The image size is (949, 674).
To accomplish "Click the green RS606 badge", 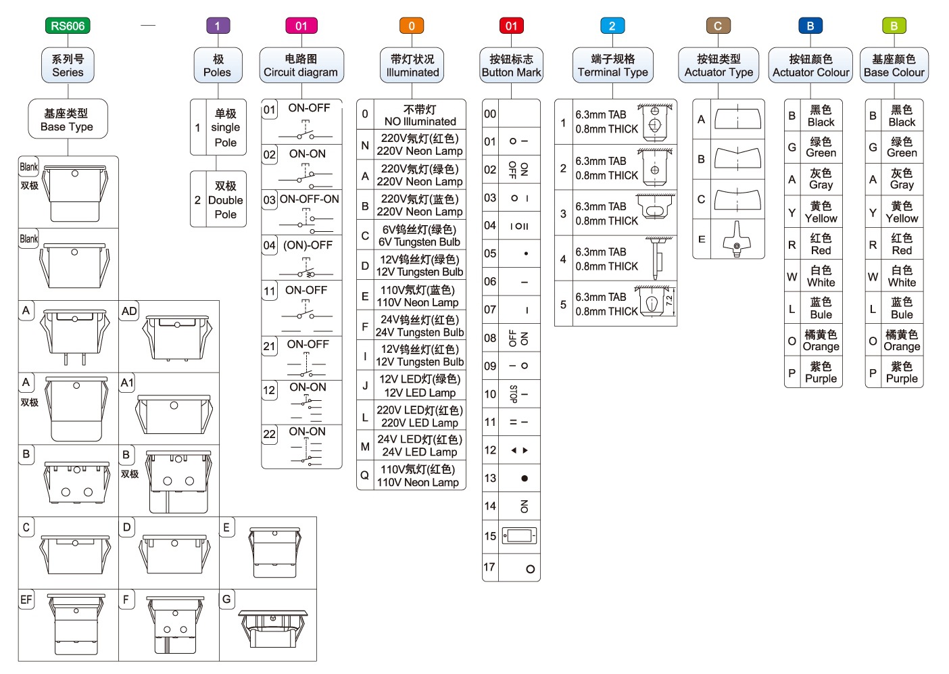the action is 68,26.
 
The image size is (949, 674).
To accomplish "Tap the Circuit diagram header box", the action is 301,66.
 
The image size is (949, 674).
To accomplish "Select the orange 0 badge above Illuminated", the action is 411,26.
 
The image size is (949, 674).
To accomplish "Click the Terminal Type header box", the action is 612,66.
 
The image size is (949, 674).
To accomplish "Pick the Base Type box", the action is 67,120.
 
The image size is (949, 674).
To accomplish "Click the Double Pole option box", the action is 218,199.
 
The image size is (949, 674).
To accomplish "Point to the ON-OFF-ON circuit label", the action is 310,199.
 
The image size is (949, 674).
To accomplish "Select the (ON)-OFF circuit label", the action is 308,245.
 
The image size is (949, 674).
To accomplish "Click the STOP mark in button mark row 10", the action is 514,393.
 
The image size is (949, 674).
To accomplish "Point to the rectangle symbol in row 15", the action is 520,536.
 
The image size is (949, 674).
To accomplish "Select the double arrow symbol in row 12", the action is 519,450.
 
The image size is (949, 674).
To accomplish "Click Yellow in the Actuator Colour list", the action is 821,212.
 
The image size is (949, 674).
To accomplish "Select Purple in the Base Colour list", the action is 902,372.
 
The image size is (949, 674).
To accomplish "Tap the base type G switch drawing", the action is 273,626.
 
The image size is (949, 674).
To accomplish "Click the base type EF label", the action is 26,600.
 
